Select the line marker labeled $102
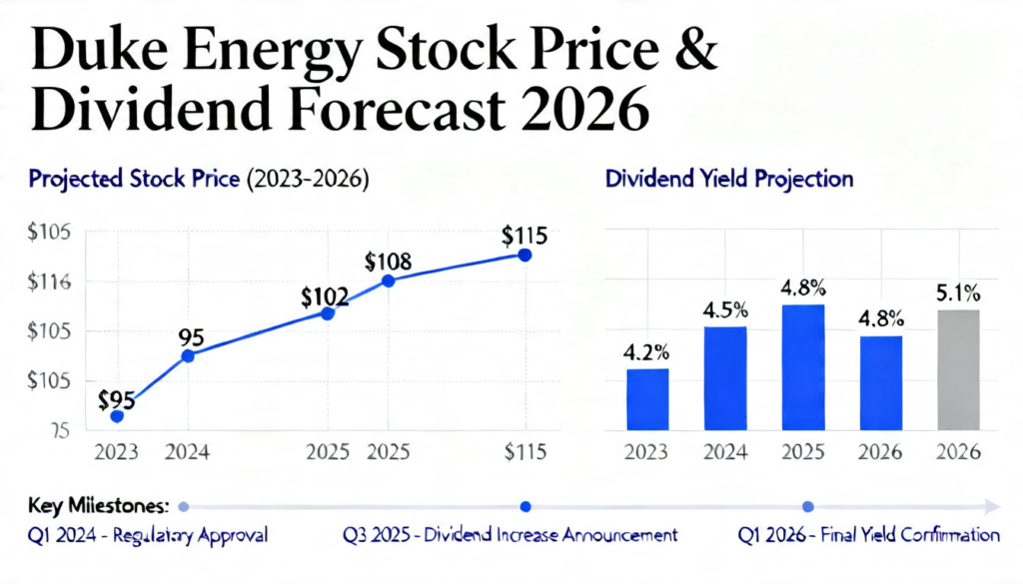point(327,313)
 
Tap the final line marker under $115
point(525,255)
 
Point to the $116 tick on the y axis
point(47,283)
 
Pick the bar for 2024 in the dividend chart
point(725,378)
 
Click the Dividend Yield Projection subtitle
point(729,180)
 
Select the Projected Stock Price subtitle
point(199,180)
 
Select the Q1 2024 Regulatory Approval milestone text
point(148,535)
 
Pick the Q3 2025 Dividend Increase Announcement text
point(510,535)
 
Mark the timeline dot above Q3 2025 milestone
point(526,506)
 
